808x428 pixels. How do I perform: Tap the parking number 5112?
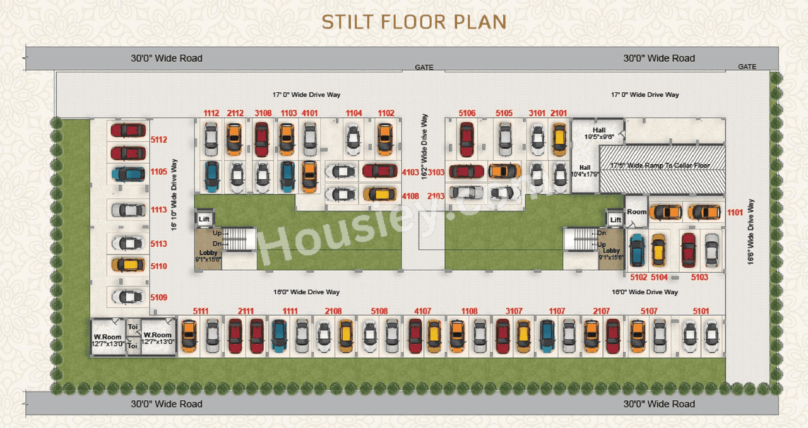[158, 140]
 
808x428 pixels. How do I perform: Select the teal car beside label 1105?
[128, 174]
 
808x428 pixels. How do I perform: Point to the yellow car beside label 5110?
[128, 265]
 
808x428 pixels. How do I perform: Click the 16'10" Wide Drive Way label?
[174, 194]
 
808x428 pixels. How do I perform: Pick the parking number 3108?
[263, 113]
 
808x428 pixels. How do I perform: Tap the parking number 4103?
[410, 172]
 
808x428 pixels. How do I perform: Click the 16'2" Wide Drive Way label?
[424, 146]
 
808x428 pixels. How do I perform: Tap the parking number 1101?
[735, 213]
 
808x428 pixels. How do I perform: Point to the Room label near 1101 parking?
[636, 212]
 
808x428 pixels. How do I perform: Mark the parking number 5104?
[659, 276]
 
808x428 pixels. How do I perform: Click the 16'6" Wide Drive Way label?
[751, 232]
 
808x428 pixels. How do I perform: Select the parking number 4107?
[423, 311]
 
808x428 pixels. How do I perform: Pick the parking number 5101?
[701, 311]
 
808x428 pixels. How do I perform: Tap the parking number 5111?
[201, 311]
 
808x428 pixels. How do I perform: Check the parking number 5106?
[467, 113]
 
